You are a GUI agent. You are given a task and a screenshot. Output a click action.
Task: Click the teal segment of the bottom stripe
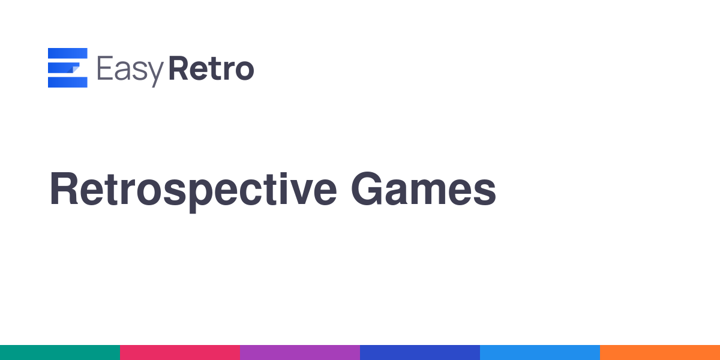(60, 352)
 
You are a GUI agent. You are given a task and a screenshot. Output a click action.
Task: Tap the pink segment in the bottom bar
(180, 352)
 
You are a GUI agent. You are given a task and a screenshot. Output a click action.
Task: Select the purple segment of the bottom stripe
(300, 352)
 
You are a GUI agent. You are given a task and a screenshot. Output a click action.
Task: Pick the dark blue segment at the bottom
(420, 352)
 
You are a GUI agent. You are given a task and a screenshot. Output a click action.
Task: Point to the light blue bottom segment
(540, 352)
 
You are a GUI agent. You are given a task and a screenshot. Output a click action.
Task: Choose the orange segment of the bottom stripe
(660, 352)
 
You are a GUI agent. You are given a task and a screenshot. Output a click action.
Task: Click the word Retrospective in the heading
(193, 191)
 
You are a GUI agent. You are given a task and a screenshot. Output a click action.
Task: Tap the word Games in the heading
(424, 188)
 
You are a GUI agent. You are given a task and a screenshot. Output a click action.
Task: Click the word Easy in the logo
(130, 71)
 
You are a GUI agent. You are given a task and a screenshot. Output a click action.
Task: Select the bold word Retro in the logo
(211, 68)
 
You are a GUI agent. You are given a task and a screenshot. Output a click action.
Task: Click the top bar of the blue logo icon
(67, 53)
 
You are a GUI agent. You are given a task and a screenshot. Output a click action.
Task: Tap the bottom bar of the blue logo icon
(67, 82)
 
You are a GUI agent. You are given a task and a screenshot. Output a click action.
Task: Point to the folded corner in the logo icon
(75, 69)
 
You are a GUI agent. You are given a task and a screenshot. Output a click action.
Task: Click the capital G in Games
(367, 188)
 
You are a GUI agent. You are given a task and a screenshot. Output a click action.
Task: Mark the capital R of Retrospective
(64, 188)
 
